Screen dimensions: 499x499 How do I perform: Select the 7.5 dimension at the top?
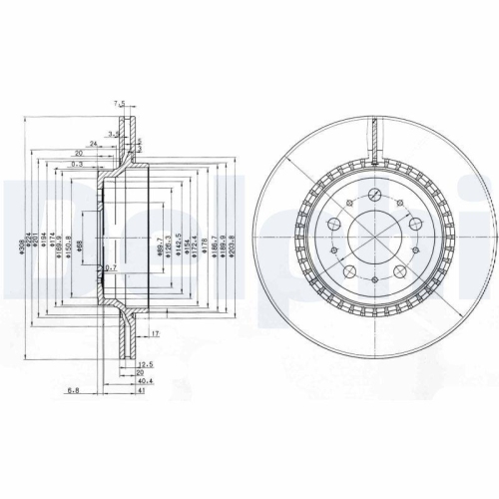click(x=120, y=103)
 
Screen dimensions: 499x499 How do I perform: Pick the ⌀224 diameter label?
click(x=30, y=244)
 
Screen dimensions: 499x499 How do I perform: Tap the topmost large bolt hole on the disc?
click(x=373, y=195)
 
